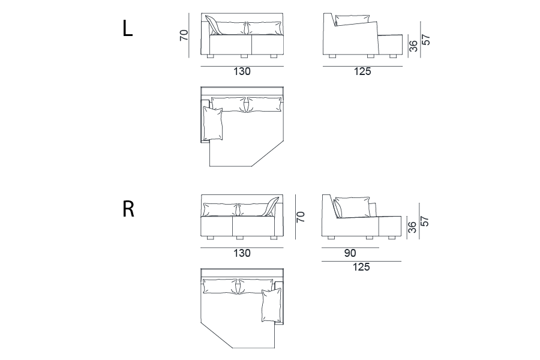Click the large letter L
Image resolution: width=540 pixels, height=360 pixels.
(x=127, y=28)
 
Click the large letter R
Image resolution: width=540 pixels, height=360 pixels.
(x=128, y=209)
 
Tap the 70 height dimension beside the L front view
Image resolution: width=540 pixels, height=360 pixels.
(x=184, y=35)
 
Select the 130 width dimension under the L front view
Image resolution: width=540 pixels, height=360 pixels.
(x=242, y=71)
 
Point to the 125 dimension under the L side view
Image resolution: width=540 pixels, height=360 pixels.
(x=362, y=71)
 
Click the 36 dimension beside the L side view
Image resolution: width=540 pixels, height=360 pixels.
(x=413, y=46)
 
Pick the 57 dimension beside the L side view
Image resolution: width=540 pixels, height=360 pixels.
(x=426, y=40)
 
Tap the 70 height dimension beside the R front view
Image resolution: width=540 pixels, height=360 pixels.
(x=301, y=217)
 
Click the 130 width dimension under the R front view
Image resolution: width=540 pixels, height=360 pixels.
(x=242, y=253)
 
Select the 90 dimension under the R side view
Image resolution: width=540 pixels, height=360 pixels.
(x=350, y=253)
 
